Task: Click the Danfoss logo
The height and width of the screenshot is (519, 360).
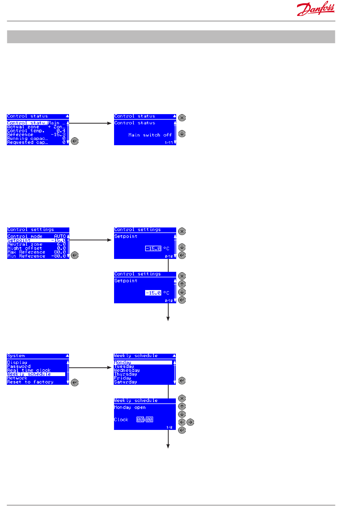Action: (x=316, y=9)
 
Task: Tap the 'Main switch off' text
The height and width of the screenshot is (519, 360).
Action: (x=150, y=135)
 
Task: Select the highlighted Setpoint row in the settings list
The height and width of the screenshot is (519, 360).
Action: (x=36, y=240)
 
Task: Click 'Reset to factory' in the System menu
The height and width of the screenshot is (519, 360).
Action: (x=30, y=382)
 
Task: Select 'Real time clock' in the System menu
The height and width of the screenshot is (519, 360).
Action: (x=29, y=370)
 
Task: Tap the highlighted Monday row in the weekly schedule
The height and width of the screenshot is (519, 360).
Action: (x=143, y=363)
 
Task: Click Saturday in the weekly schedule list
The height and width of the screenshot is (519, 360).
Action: (x=126, y=382)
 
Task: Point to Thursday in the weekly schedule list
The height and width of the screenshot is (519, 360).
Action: (x=126, y=374)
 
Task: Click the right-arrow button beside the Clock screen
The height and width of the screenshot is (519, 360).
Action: (x=190, y=422)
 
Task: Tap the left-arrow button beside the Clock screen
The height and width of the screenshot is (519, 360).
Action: (x=182, y=422)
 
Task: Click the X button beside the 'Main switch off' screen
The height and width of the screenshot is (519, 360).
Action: (x=182, y=118)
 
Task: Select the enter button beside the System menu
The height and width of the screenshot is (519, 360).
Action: (x=75, y=383)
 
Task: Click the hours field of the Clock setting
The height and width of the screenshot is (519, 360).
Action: (x=140, y=420)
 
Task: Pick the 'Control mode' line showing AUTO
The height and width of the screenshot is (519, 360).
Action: (x=36, y=236)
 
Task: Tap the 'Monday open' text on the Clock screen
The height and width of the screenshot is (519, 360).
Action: (x=130, y=408)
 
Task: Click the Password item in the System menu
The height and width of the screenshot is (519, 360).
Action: (x=19, y=367)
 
